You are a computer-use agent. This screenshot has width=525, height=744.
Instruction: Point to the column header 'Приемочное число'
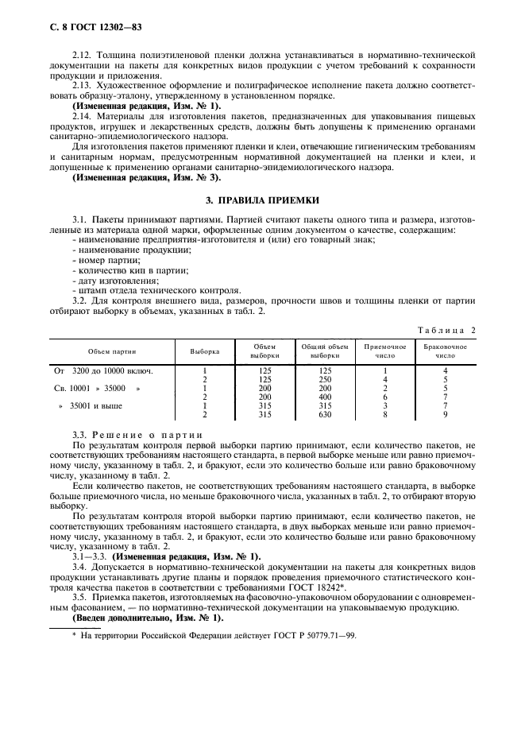(x=384, y=351)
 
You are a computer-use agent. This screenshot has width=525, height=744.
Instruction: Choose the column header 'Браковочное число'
(x=446, y=351)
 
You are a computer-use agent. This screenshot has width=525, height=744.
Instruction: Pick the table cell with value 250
(x=324, y=379)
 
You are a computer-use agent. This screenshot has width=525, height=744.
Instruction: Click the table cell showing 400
(x=324, y=397)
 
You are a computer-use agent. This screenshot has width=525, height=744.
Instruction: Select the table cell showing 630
(x=324, y=414)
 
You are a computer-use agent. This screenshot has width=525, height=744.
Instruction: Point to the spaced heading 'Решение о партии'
(x=148, y=436)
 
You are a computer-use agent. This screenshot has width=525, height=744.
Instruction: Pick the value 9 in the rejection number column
(x=446, y=414)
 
